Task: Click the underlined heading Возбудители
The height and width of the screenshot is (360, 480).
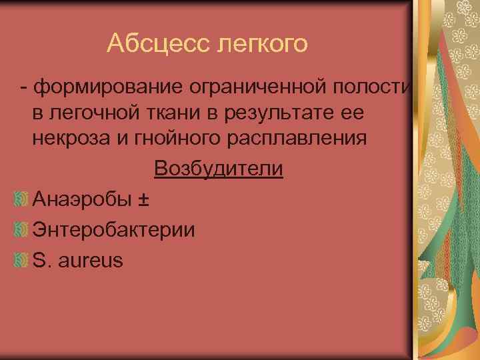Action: [x=218, y=169]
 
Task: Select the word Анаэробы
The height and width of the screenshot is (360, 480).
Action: [x=84, y=198]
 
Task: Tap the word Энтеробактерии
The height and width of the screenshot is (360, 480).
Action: [x=113, y=230]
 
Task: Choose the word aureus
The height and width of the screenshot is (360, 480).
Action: [x=91, y=261]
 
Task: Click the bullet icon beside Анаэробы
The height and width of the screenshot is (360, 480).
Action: [x=21, y=198]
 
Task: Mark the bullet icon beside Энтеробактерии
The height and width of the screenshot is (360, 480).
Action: [x=21, y=229]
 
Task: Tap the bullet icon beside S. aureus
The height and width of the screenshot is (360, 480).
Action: [x=21, y=260]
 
